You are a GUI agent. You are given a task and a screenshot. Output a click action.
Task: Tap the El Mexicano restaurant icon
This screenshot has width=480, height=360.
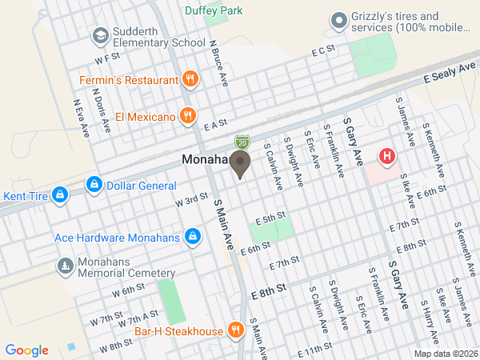click(186, 116)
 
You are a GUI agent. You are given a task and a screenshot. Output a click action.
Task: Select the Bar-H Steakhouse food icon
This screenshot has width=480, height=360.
click(235, 330)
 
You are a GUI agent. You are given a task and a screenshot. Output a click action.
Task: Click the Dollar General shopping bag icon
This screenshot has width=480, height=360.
click(95, 186)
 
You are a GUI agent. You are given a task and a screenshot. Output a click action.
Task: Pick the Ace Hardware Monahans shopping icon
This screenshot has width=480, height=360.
click(193, 237)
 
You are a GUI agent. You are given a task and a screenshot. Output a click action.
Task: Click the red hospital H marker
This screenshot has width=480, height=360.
click(388, 156)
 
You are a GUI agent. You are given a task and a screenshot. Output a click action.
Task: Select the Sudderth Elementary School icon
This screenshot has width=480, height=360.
click(101, 35)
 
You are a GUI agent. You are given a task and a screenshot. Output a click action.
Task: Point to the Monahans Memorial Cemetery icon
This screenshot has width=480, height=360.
click(64, 265)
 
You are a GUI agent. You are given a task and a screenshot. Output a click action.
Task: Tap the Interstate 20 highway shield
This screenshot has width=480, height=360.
click(242, 142)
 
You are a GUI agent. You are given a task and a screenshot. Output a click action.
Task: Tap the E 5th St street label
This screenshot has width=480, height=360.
click(270, 217)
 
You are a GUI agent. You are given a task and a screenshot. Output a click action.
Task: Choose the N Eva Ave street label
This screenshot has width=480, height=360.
click(79, 118)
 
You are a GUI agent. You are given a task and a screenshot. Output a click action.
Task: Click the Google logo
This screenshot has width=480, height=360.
click(27, 350)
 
